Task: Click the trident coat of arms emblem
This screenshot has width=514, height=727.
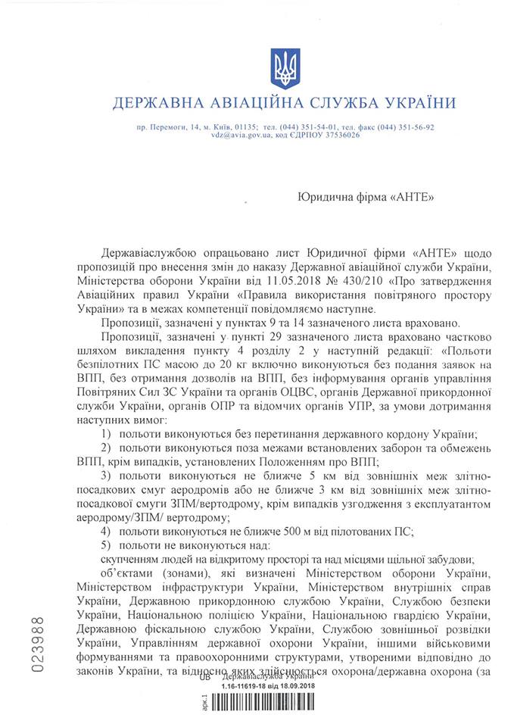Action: [x=287, y=68]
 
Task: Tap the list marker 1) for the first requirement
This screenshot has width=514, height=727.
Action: [x=106, y=433]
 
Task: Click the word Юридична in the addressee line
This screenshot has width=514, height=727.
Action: [x=323, y=196]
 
